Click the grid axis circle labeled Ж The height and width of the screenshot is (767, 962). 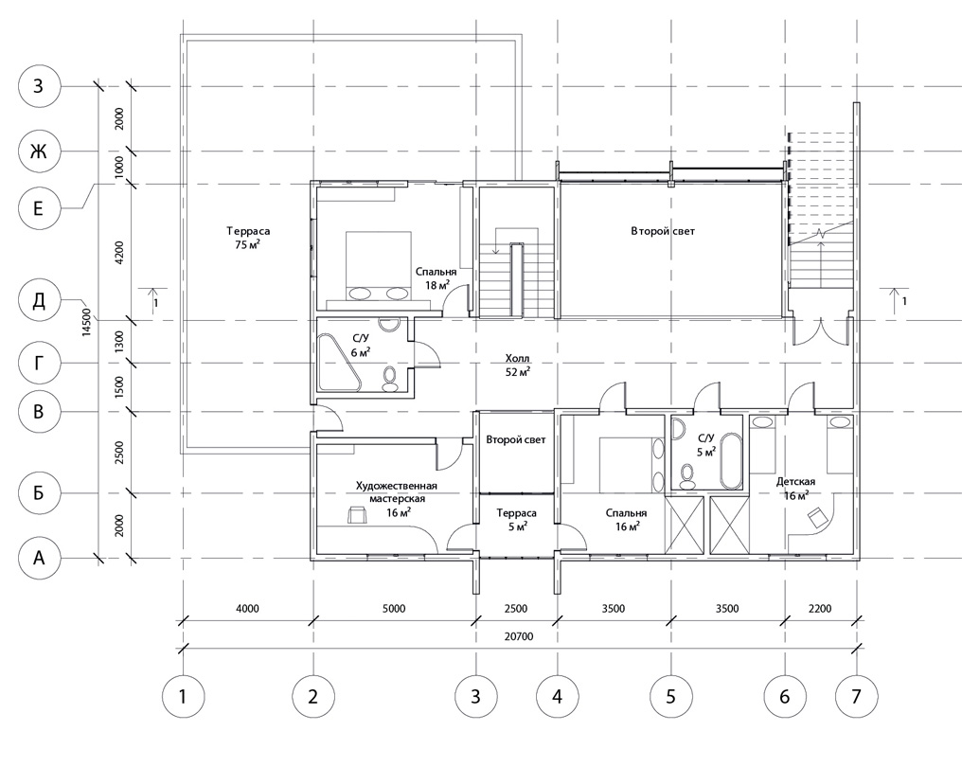(x=39, y=151)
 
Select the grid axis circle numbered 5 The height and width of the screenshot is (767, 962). (x=670, y=696)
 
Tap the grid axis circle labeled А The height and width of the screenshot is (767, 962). (x=39, y=558)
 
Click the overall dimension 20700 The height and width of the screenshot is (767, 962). (x=519, y=636)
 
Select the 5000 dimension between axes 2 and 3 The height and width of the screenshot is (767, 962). (x=394, y=609)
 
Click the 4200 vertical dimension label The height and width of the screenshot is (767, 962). (x=119, y=252)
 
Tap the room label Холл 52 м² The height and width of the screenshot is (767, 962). (x=517, y=365)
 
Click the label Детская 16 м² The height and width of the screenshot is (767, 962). (x=795, y=489)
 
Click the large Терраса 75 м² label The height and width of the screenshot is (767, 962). (x=248, y=238)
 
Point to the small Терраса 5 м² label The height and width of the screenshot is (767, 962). (x=517, y=519)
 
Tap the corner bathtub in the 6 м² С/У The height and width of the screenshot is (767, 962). (x=337, y=362)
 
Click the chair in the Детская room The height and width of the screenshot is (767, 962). (x=816, y=518)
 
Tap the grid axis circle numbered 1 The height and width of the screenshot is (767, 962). (x=183, y=696)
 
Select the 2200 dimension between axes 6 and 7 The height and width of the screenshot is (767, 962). (x=820, y=609)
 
